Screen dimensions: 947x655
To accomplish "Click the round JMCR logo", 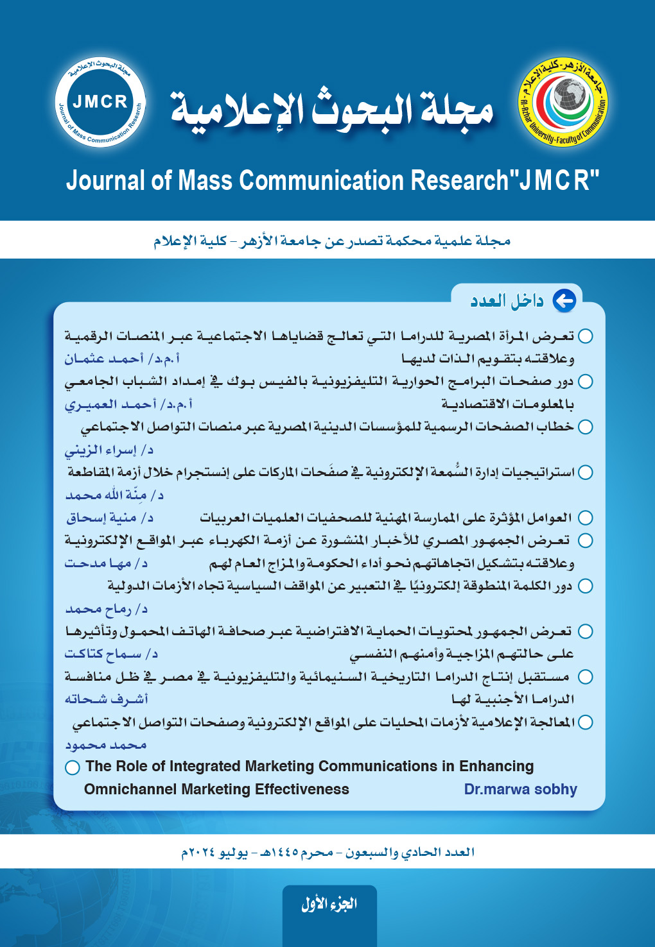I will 100,102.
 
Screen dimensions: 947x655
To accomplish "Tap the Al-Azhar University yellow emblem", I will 563,103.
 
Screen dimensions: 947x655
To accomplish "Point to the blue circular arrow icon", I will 564,300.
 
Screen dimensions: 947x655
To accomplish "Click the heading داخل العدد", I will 507,301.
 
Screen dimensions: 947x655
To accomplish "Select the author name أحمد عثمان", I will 104,359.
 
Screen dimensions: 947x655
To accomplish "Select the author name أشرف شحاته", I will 106,699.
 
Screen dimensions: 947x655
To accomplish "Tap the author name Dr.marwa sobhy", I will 520,789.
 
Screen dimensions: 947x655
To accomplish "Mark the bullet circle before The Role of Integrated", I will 73,767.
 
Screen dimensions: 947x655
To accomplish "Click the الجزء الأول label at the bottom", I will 329,904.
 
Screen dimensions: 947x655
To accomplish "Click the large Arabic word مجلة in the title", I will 458,109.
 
